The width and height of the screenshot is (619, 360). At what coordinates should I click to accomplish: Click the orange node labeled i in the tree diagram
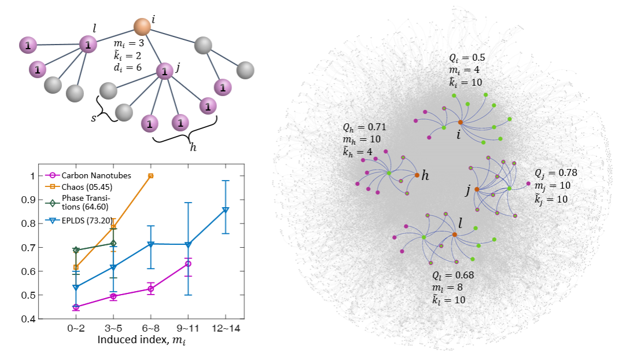142,26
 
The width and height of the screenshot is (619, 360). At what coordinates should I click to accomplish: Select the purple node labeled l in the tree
87,44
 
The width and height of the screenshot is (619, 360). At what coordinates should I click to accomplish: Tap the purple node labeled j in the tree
165,72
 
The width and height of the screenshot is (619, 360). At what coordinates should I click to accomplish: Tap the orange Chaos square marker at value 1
150,175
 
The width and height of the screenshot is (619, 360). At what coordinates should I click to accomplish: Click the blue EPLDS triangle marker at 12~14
225,210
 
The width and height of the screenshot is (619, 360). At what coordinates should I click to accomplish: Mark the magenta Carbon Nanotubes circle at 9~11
188,263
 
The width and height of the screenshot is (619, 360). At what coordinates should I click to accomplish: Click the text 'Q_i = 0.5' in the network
467,58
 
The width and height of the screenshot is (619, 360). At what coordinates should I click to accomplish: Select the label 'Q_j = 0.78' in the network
556,172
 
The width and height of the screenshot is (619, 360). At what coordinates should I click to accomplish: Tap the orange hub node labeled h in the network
417,175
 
